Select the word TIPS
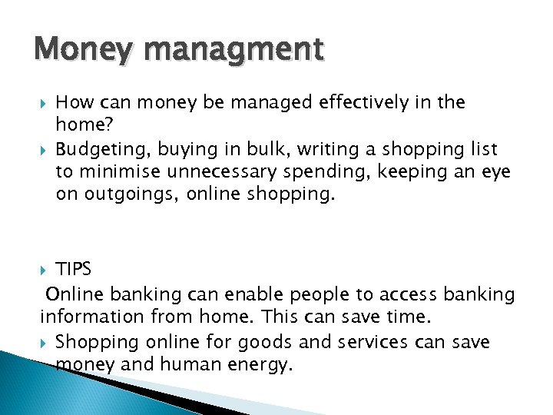[x=74, y=269]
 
